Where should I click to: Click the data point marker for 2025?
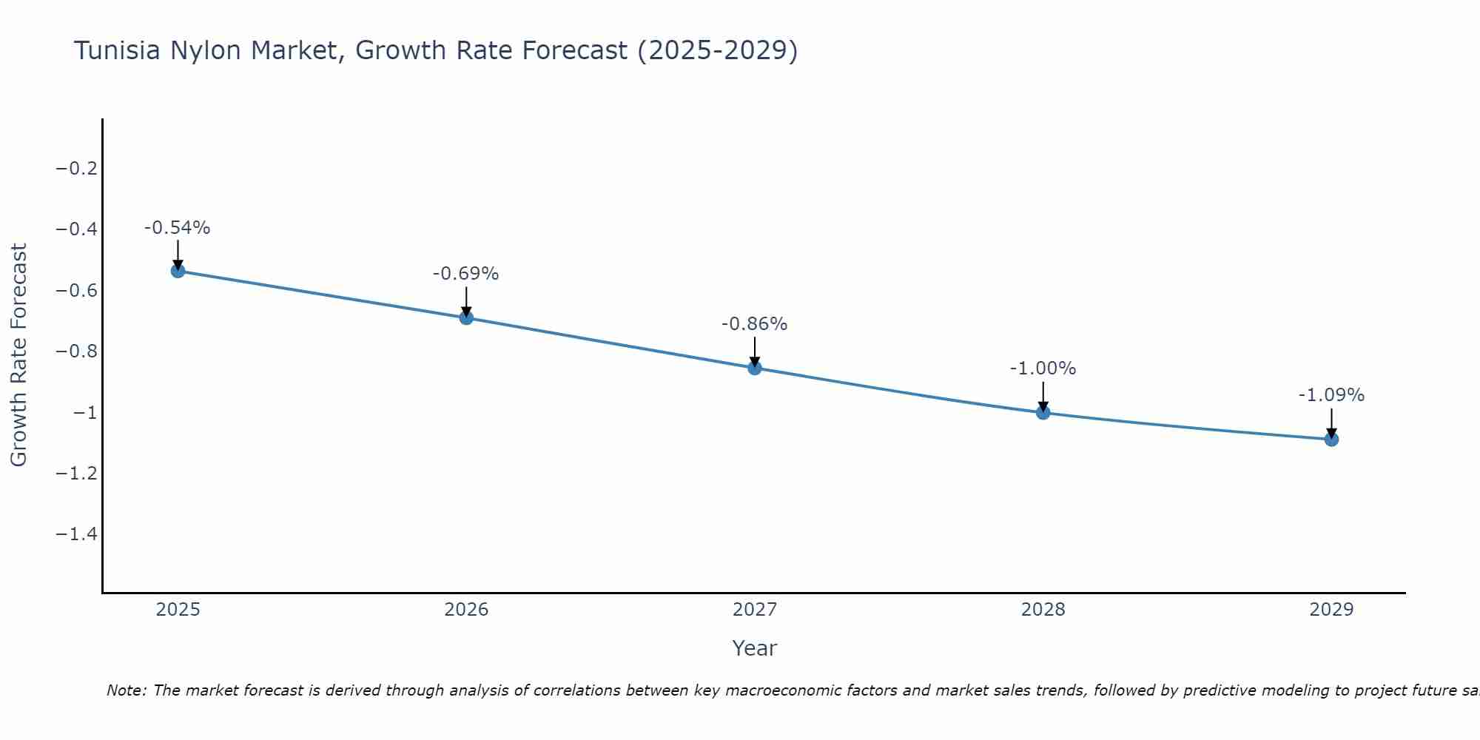[x=178, y=271]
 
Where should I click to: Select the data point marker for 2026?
[x=466, y=317]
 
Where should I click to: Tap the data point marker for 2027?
[x=755, y=368]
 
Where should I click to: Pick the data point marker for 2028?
[x=1043, y=412]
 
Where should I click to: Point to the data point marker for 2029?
[x=1331, y=440]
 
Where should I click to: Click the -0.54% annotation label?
[x=178, y=228]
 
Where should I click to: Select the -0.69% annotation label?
[x=466, y=274]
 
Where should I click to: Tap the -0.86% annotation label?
[x=755, y=324]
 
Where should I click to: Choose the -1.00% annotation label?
[x=1043, y=369]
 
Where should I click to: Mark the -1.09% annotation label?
[x=1331, y=395]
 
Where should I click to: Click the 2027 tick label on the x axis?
[x=755, y=610]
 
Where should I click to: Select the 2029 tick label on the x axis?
[x=1331, y=610]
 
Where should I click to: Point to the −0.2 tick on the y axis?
[x=77, y=169]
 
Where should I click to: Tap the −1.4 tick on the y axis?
[x=77, y=534]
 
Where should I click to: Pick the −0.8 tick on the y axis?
[x=77, y=351]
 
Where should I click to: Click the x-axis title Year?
[x=755, y=648]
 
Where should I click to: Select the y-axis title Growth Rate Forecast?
[x=18, y=355]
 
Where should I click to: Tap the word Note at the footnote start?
[x=126, y=690]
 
